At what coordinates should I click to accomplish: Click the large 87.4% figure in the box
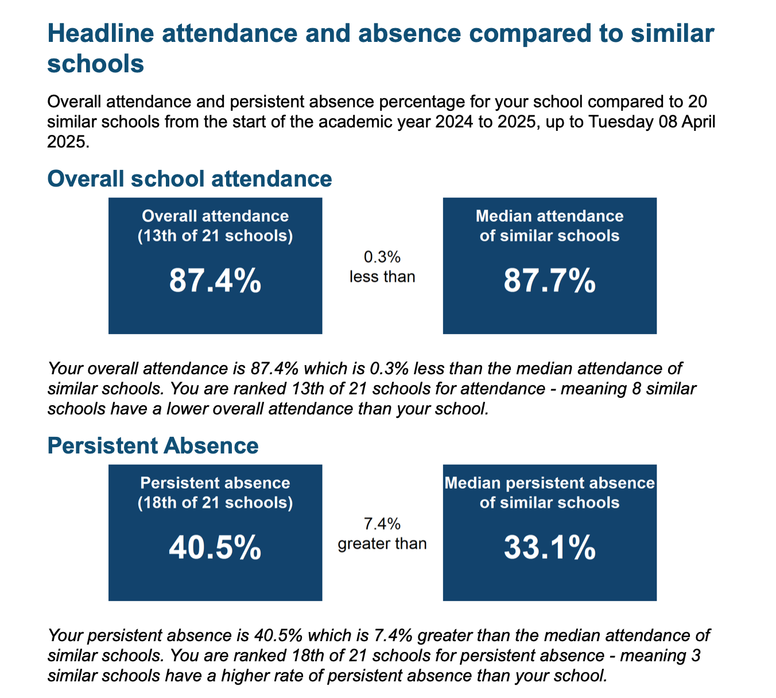[x=215, y=280]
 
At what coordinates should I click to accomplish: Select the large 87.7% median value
[x=550, y=280]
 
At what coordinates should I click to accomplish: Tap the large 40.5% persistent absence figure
[x=215, y=547]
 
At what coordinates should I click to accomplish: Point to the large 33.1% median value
[x=550, y=547]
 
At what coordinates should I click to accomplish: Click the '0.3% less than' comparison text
[x=382, y=266]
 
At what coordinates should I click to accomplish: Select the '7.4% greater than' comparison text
[x=382, y=534]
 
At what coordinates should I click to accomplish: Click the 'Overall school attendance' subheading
[x=189, y=179]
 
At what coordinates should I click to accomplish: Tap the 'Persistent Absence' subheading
[x=153, y=445]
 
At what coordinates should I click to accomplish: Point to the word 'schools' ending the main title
[x=95, y=64]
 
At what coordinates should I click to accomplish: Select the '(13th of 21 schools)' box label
[x=215, y=236]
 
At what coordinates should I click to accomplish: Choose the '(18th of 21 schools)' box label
[x=215, y=503]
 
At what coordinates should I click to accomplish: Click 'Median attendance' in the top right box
[x=550, y=216]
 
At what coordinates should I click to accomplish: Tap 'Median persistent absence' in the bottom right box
[x=550, y=483]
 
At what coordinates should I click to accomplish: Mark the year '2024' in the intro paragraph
[x=454, y=122]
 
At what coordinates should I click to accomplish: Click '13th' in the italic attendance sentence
[x=308, y=389]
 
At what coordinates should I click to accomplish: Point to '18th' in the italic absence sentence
[x=308, y=656]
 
